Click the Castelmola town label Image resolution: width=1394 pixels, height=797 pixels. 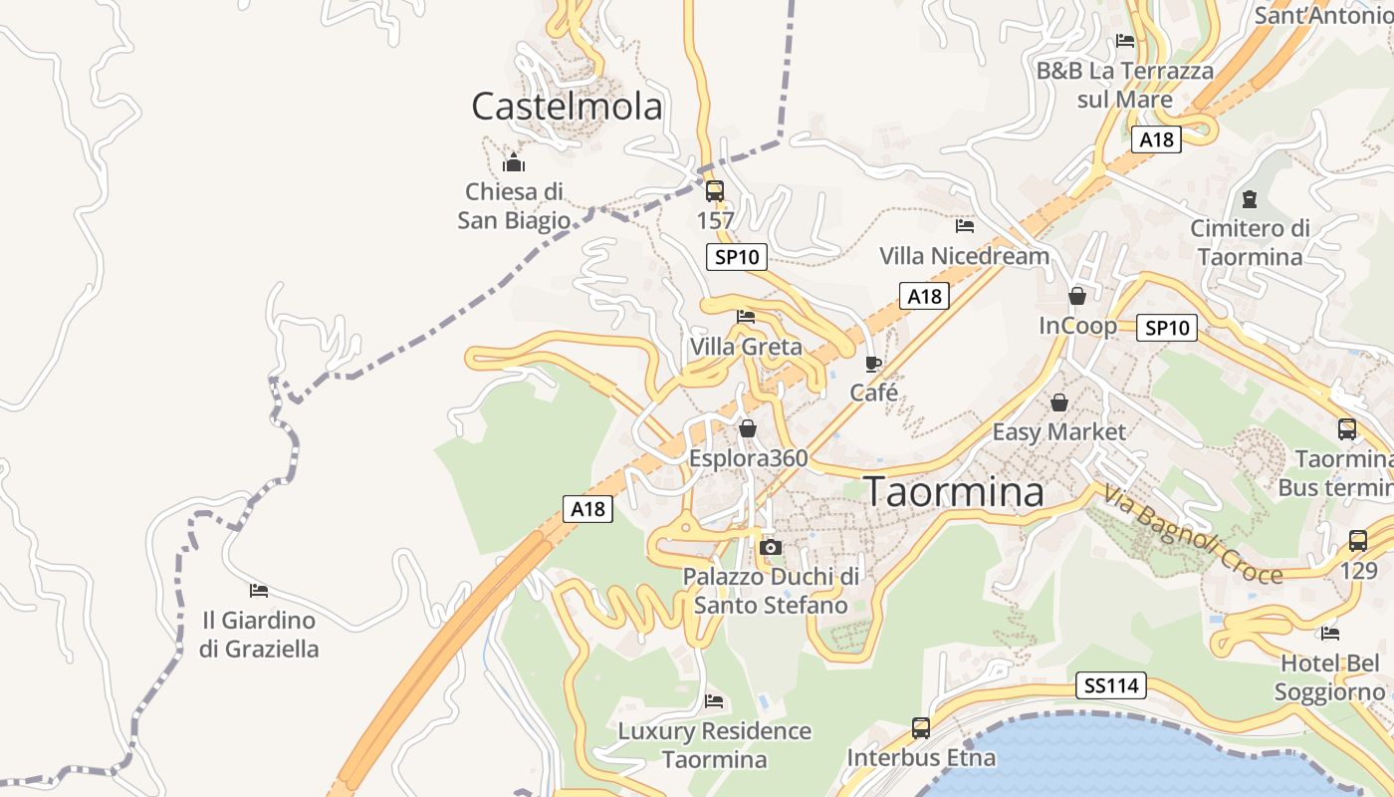click(567, 106)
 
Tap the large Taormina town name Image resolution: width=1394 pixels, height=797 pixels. click(954, 491)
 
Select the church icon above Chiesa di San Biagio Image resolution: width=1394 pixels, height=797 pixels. click(514, 161)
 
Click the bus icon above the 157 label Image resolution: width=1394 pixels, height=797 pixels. click(715, 190)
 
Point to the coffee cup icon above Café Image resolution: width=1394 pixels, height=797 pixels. click(873, 364)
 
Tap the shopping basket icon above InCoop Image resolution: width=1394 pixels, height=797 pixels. click(1076, 296)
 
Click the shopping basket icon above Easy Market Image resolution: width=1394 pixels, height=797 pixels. click(1059, 402)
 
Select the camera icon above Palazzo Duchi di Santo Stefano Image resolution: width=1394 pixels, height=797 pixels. click(770, 547)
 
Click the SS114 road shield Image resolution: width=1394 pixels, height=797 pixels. click(1111, 685)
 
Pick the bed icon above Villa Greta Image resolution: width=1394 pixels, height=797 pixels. click(746, 317)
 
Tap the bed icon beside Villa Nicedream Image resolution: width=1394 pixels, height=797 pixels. click(964, 226)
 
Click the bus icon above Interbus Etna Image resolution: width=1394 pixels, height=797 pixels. click(921, 728)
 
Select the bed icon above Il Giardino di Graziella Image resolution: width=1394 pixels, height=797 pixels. click(259, 591)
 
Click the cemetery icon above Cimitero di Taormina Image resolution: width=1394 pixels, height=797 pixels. click(1250, 199)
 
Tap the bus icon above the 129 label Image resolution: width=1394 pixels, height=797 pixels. click(1358, 541)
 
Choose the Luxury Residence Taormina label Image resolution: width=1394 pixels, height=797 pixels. click(714, 745)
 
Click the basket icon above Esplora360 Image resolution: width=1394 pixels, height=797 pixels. click(748, 428)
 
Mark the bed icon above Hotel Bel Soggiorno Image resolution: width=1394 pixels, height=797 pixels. click(1329, 634)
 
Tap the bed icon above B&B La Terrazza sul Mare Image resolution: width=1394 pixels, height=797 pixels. click(1125, 41)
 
